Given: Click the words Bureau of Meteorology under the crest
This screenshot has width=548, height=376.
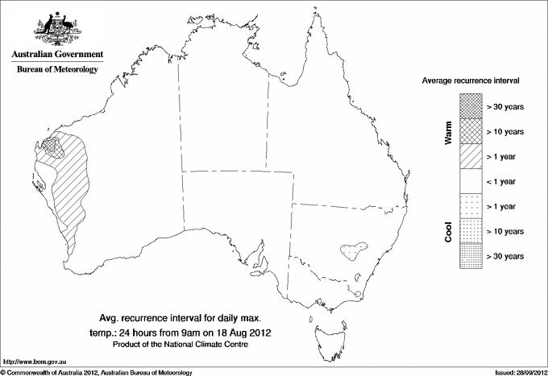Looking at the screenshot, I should pos(56,70).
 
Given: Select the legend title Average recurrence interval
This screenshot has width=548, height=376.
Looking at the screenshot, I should pos(471,81).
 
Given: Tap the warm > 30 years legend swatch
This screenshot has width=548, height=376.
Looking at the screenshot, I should pos(470,105).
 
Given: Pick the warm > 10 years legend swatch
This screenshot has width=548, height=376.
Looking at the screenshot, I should pos(470,130).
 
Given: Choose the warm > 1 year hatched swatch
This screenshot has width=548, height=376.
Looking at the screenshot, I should pos(470,155).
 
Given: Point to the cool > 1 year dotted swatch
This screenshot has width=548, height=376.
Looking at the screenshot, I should pos(470,206).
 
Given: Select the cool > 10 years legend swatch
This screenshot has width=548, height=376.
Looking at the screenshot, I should pos(470,231).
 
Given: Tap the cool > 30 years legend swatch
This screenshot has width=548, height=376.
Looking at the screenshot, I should pos(470,256).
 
